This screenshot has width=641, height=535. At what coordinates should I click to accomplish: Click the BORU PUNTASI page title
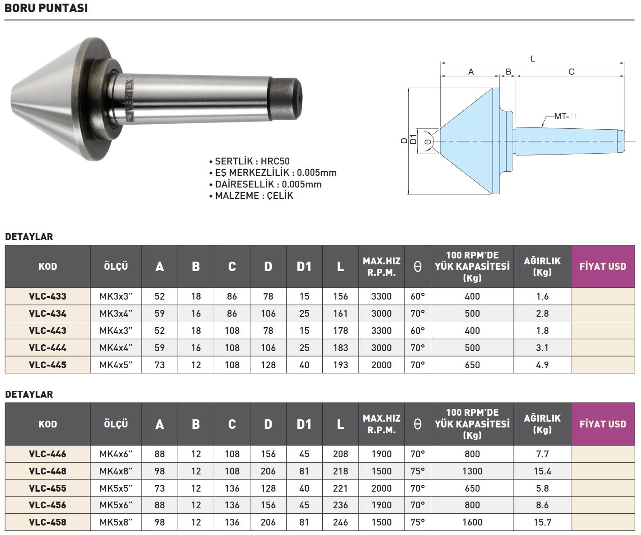point(46,8)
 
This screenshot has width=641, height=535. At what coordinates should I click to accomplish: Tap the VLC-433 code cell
point(47,296)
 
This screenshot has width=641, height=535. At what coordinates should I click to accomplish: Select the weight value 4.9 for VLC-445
point(542,365)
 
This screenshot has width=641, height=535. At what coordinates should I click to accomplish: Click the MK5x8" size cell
point(116,522)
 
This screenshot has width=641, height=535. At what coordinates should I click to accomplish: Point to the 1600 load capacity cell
point(472,522)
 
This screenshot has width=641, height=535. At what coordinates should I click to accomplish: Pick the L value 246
point(340,522)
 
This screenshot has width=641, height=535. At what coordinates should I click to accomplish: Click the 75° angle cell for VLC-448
point(418,471)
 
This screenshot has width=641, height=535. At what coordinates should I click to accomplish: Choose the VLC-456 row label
point(47,505)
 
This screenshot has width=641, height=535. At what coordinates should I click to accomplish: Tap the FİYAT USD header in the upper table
point(603,267)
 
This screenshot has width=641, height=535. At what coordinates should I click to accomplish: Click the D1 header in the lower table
point(304,424)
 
